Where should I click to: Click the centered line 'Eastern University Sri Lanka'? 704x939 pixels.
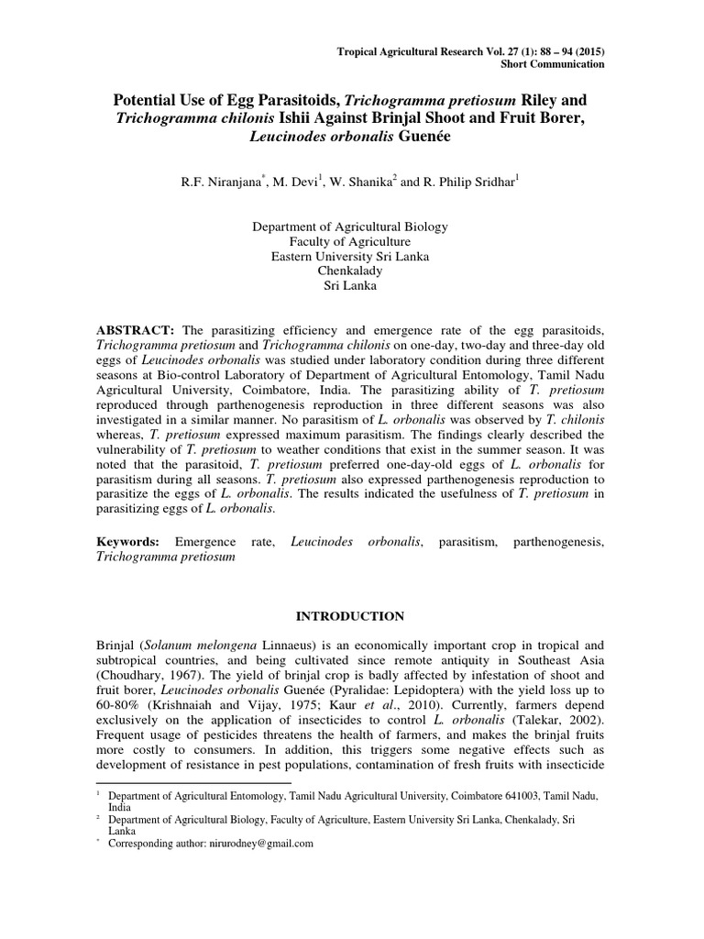(351, 256)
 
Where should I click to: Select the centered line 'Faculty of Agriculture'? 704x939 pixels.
(351, 241)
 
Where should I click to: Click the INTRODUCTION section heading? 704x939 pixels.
(351, 615)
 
